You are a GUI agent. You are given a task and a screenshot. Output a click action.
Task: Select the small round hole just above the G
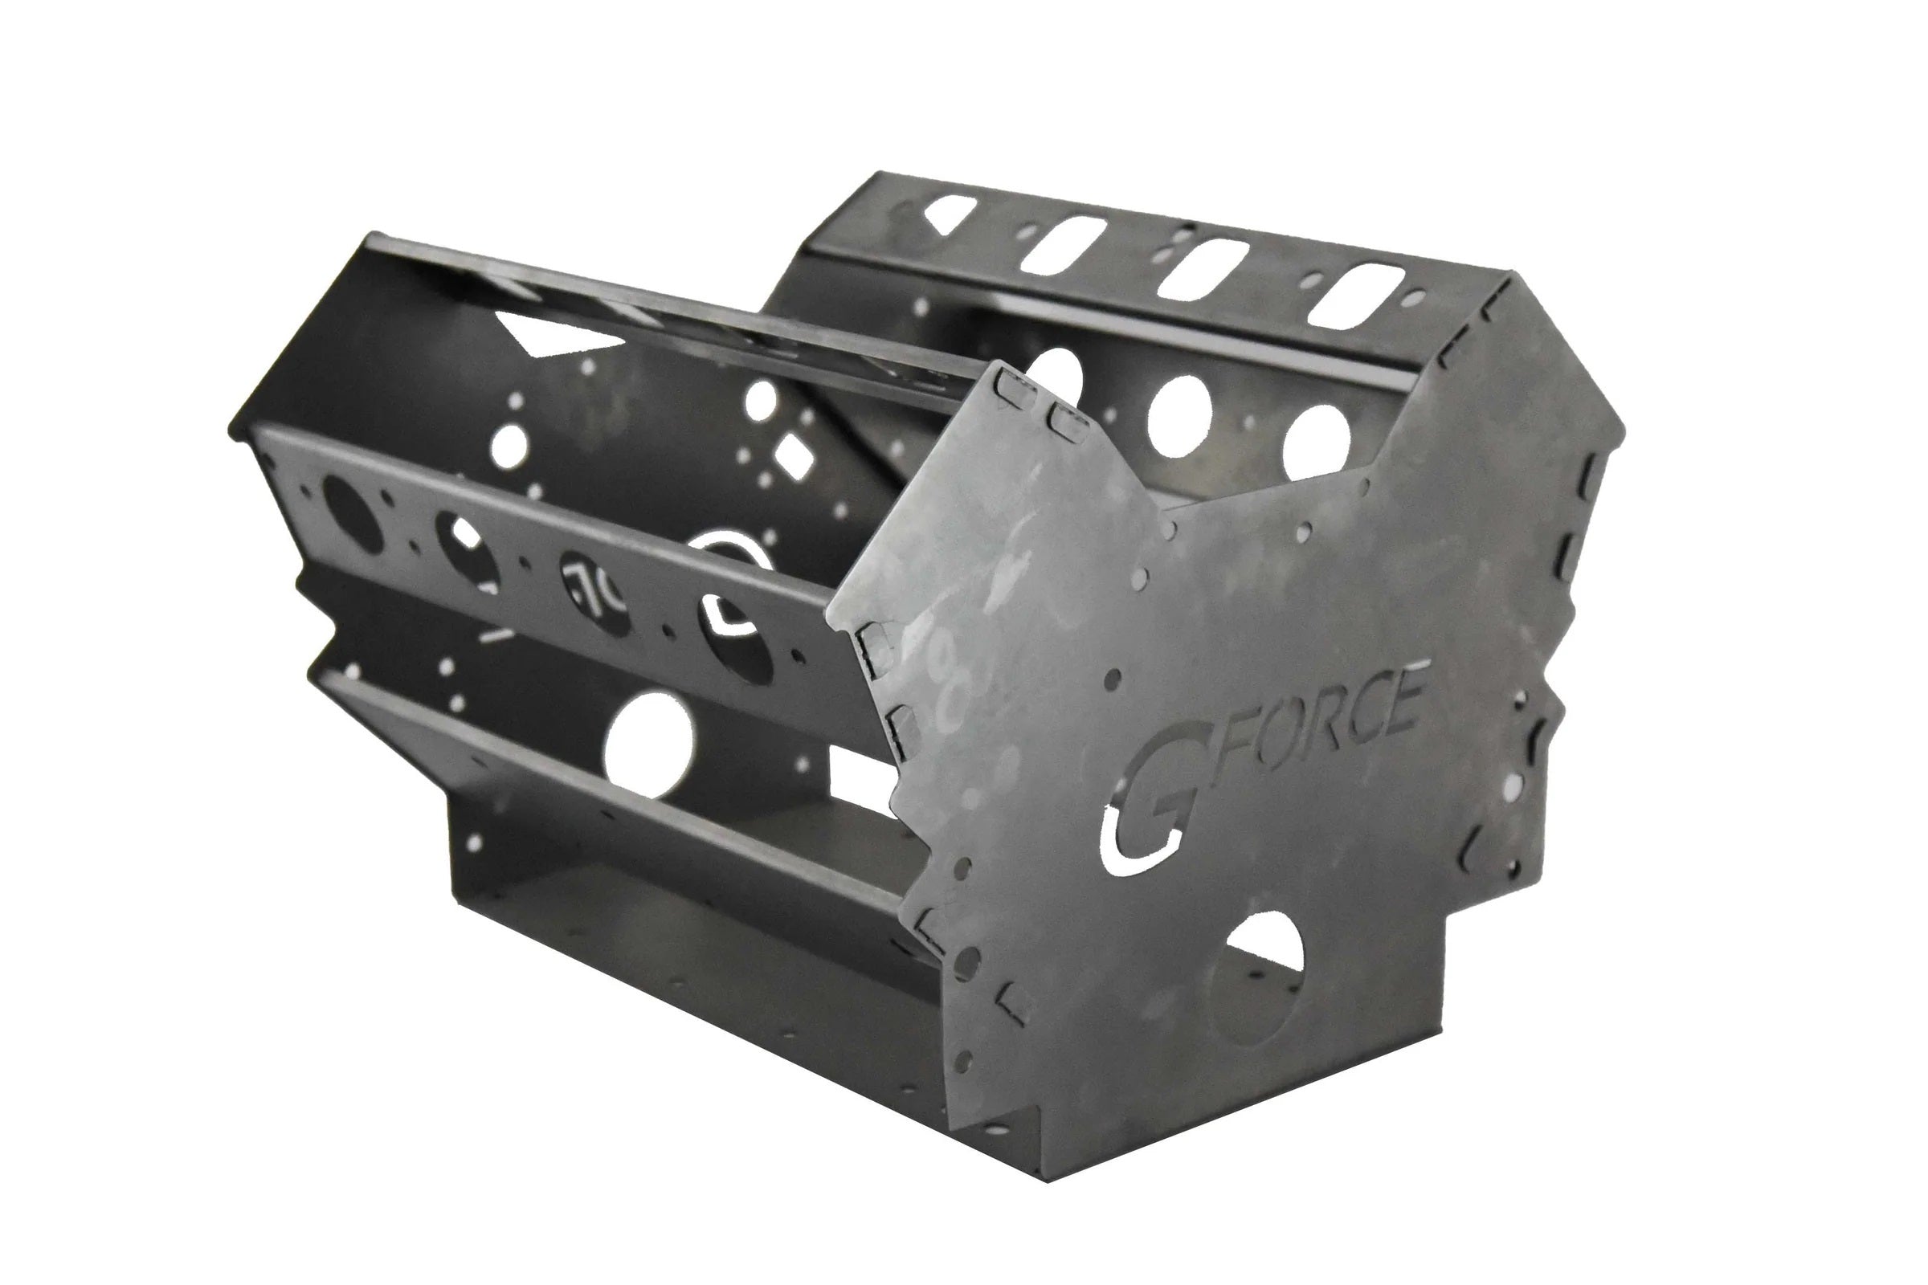click(x=1113, y=679)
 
